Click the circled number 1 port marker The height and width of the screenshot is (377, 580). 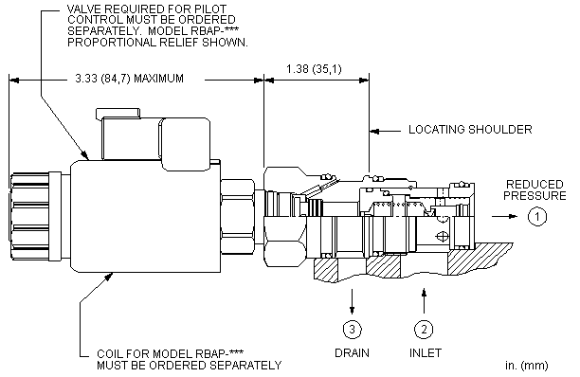click(536, 216)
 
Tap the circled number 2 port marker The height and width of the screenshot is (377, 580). click(424, 329)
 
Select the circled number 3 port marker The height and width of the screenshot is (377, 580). click(353, 329)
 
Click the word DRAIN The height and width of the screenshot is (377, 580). click(352, 353)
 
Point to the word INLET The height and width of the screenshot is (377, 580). click(426, 353)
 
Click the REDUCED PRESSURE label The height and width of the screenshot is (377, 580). click(535, 190)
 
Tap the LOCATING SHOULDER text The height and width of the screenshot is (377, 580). click(470, 130)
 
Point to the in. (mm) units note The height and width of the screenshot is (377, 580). click(526, 366)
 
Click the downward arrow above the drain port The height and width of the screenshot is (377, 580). click(353, 302)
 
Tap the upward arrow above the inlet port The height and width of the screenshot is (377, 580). click(425, 301)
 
